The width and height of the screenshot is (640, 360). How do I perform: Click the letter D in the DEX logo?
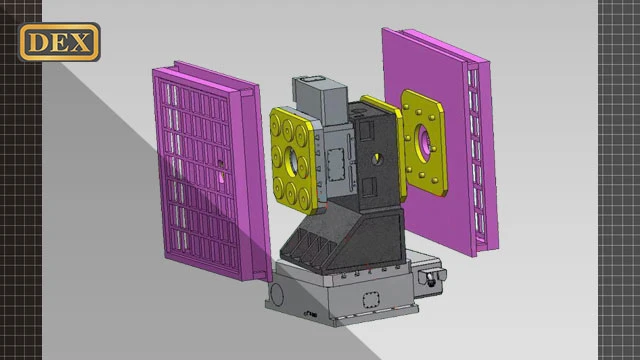37,42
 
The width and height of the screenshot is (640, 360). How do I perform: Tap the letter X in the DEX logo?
80,42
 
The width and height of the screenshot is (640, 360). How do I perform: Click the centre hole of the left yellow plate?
291,161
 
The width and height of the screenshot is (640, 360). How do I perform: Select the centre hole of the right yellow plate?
423,142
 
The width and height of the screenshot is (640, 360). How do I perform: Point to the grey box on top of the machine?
320,99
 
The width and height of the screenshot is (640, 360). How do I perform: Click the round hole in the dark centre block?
378,159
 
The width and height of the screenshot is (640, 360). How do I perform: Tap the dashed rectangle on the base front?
371,300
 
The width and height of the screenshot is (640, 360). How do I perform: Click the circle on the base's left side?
277,294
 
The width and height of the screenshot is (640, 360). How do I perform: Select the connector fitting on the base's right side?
431,278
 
